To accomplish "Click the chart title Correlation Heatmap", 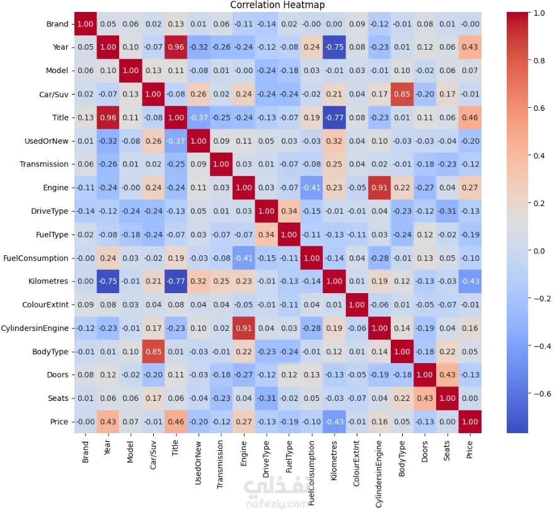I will click(278, 5).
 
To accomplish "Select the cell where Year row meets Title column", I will click(176, 47).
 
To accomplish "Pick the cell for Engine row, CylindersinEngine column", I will click(379, 187).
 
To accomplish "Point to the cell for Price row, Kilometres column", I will click(335, 422).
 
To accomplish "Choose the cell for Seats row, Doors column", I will click(425, 399).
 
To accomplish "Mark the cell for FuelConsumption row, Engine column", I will click(245, 258).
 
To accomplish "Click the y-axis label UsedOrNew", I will click(46, 141).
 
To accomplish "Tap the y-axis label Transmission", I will click(44, 164).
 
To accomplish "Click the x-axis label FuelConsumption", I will click(312, 470).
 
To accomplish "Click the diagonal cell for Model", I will click(131, 71).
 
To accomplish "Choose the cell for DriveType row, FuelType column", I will click(289, 211).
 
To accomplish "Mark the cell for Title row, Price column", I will click(470, 117).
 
